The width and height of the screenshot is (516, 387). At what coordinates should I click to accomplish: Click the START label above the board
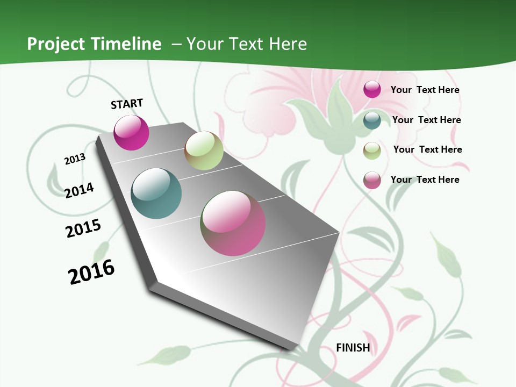coord(127,104)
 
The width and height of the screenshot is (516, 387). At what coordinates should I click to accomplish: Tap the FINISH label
coord(353,348)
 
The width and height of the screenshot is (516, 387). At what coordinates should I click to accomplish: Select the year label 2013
coord(75,159)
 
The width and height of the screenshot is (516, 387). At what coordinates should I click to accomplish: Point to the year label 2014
coord(80,190)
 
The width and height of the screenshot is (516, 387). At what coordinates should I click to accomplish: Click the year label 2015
coord(83,228)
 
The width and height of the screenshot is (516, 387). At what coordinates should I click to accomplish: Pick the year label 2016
coord(92,272)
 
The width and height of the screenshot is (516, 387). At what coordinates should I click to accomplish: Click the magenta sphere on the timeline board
coord(132,133)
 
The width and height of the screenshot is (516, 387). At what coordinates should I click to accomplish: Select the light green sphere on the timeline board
coord(204,150)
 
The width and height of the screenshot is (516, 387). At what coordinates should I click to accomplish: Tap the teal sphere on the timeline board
coord(156,193)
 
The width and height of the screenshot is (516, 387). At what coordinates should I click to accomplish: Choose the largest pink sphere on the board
coord(233,223)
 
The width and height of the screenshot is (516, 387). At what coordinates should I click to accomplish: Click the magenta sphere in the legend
coord(372,89)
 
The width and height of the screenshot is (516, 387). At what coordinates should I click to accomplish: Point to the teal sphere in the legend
coord(372,120)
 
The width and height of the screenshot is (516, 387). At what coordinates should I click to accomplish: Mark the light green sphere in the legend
coord(372,150)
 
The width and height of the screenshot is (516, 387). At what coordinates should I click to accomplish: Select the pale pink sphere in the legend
coord(372,180)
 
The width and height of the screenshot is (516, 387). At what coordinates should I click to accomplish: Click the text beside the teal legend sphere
coord(426,120)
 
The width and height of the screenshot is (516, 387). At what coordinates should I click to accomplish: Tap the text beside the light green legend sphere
coord(427,149)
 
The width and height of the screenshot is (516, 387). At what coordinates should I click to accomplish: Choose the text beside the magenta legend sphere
coord(425,90)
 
